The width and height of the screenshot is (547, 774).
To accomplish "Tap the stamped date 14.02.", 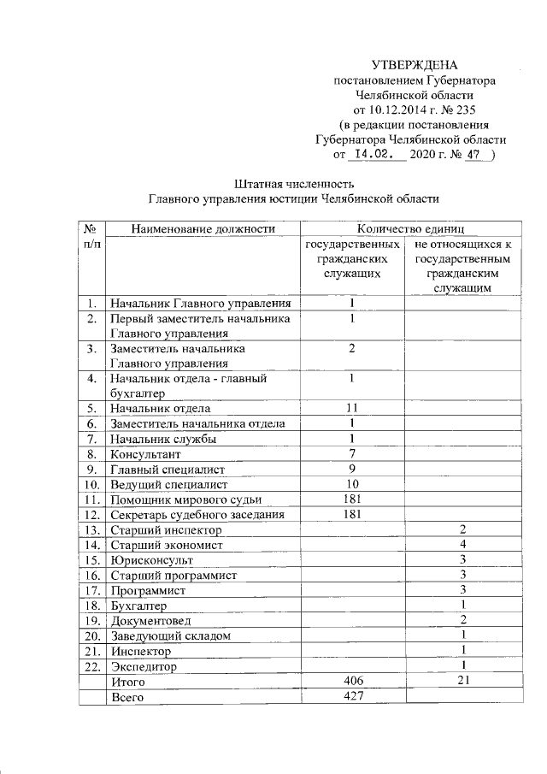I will pyautogui.click(x=372, y=154).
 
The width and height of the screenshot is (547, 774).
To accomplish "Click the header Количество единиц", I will pyautogui.click(x=410, y=228).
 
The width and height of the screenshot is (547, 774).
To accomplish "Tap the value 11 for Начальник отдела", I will pyautogui.click(x=351, y=408).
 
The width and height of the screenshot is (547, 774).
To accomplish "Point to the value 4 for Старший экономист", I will pyautogui.click(x=462, y=544).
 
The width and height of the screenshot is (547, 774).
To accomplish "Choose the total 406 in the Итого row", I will pyautogui.click(x=351, y=682).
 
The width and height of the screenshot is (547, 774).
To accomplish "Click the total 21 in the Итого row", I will pyautogui.click(x=462, y=682).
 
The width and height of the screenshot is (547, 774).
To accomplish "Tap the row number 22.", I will pyautogui.click(x=90, y=666).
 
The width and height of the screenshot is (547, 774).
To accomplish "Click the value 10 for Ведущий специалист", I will pyautogui.click(x=351, y=484).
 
